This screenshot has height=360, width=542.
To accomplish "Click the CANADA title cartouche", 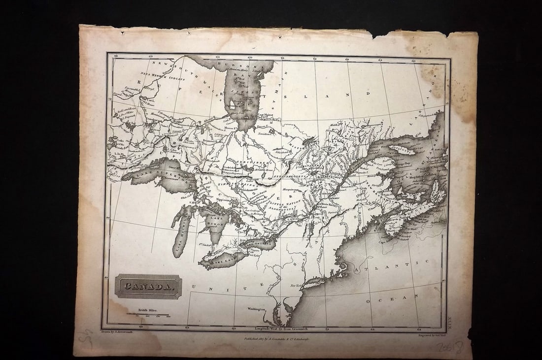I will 148,287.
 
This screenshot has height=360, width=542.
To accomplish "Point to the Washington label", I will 256,309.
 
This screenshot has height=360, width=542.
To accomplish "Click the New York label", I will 295,286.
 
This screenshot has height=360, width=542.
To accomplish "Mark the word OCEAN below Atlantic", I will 400,298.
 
